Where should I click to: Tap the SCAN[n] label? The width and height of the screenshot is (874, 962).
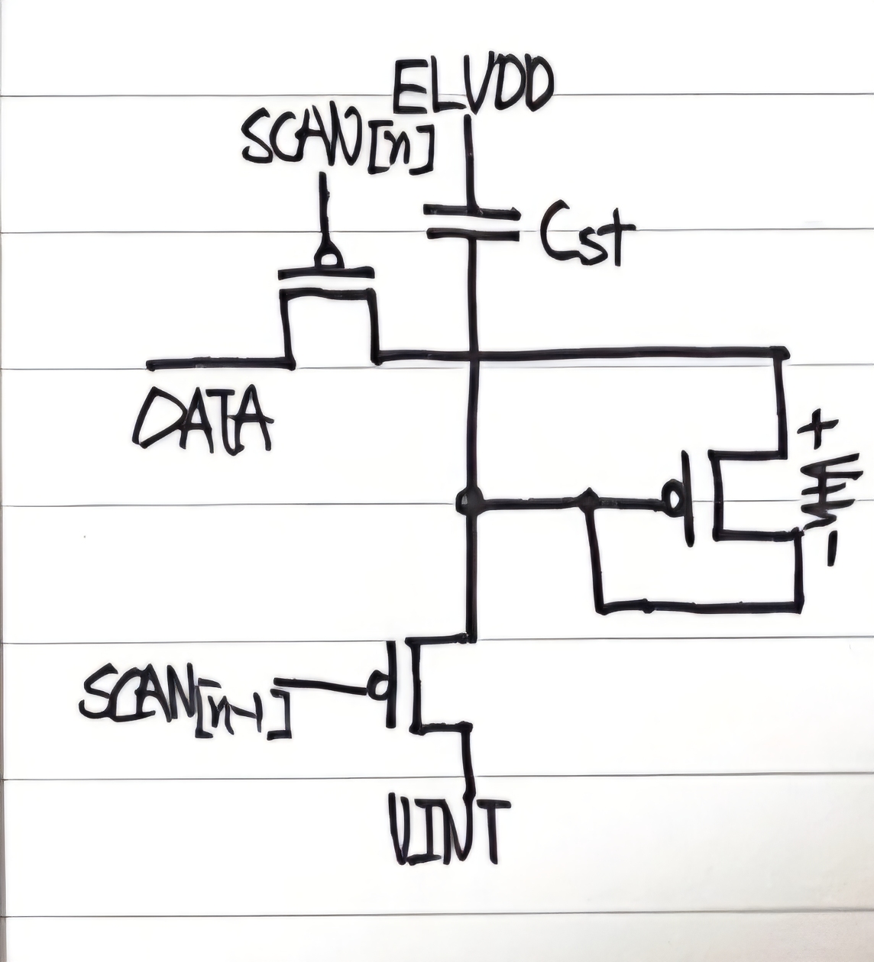pyautogui.click(x=336, y=145)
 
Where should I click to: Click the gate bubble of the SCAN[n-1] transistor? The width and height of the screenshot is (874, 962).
pyautogui.click(x=377, y=684)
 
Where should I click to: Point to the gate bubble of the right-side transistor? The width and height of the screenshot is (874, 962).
pyautogui.click(x=674, y=499)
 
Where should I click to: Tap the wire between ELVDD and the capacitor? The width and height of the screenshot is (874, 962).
pyautogui.click(x=470, y=160)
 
